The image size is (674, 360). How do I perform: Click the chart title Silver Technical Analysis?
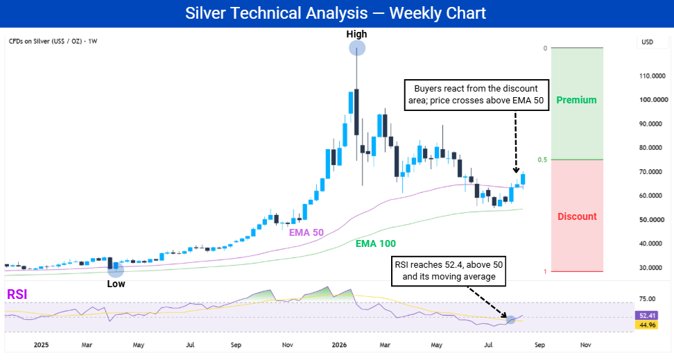tap(277, 13)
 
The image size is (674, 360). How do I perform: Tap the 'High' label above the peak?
tap(357, 34)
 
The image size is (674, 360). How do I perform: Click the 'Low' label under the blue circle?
tap(116, 284)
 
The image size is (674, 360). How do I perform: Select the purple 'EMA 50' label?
tap(306, 232)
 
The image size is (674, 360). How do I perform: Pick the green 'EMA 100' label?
tap(376, 244)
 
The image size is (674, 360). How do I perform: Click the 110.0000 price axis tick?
tap(653, 76)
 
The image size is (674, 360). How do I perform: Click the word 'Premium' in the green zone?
tap(576, 100)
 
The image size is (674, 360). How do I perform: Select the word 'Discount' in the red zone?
tap(577, 216)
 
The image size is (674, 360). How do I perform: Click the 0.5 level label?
tap(542, 160)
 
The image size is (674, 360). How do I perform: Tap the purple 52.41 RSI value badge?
tap(647, 316)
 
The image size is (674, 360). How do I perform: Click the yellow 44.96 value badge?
tap(647, 325)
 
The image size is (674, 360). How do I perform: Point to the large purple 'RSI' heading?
tap(17, 295)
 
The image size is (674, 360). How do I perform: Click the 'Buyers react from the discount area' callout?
tap(476, 94)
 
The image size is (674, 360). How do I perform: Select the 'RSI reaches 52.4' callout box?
tap(449, 271)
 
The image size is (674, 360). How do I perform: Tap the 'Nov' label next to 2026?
tap(288, 345)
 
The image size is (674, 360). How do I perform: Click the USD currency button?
tap(648, 42)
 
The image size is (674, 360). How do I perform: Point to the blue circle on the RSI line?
tap(510, 320)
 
